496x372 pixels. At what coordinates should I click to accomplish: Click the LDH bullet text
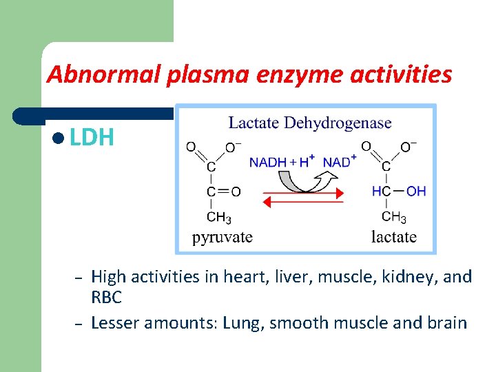coord(92,137)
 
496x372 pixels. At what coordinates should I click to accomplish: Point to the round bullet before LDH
coord(60,138)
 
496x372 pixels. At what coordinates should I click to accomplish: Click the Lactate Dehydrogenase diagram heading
coord(310,123)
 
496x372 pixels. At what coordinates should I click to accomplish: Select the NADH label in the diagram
coord(268,162)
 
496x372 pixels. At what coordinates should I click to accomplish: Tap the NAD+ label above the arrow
coord(339,162)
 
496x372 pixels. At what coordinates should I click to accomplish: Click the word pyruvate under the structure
coord(222,238)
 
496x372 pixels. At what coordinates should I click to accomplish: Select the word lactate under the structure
coord(394,238)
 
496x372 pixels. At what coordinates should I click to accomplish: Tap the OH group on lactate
coord(416,192)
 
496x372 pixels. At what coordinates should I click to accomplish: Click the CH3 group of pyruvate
coord(219,218)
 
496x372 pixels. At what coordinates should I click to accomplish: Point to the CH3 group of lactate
coord(394,218)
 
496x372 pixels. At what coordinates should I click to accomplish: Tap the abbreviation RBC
coord(107,297)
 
